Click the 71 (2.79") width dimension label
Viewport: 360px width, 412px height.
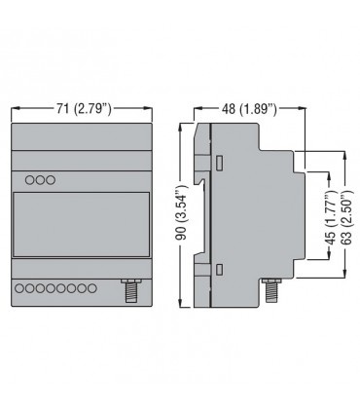[x=84, y=109]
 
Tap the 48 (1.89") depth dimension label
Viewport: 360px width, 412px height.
[x=249, y=109]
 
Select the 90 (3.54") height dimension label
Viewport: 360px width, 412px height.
[x=182, y=212]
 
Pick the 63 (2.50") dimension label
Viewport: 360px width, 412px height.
[x=346, y=218]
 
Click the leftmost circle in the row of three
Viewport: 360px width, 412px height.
[x=30, y=180]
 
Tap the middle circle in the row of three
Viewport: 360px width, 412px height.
[x=40, y=180]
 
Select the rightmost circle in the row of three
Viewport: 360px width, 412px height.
[x=51, y=180]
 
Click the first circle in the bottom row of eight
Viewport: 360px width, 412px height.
[x=19, y=288]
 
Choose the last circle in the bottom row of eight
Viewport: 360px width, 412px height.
[x=92, y=288]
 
